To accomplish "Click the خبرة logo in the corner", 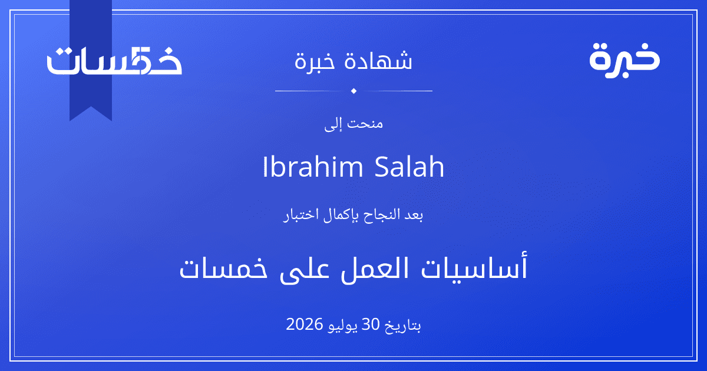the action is (625, 60).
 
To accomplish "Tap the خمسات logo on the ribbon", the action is (114, 61).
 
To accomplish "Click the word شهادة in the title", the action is (378, 60).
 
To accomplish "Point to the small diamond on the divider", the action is (353, 91).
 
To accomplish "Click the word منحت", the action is (365, 123).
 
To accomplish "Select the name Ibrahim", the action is (313, 167).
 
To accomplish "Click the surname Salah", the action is (409, 167).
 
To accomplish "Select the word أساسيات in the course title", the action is (474, 268).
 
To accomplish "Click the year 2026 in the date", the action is (304, 324).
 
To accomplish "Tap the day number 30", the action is (370, 324).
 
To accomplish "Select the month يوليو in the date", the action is (342, 326).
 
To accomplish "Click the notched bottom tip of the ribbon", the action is (91, 107).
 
